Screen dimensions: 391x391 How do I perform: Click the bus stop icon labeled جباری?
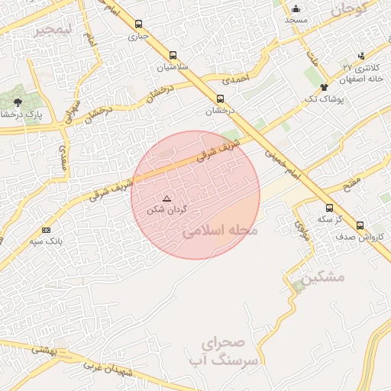[x=137, y=24]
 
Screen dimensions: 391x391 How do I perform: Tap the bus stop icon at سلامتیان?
[x=173, y=55]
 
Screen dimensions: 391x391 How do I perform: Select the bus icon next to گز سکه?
[x=329, y=207]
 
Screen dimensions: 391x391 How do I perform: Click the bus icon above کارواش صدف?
[x=360, y=225]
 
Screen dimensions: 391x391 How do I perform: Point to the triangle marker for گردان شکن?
[x=167, y=199]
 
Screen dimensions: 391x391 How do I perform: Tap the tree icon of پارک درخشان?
[x=18, y=101]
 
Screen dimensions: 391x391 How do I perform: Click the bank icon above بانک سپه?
[x=47, y=230]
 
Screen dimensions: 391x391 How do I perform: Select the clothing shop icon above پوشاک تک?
[x=324, y=87]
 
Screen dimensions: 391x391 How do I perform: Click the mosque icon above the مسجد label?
[x=296, y=9]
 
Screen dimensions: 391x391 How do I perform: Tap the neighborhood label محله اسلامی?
[x=220, y=230]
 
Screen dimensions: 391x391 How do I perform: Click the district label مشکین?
[x=322, y=278]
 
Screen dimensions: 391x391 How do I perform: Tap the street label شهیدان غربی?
[x=111, y=372]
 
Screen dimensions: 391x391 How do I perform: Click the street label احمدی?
[x=235, y=77]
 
